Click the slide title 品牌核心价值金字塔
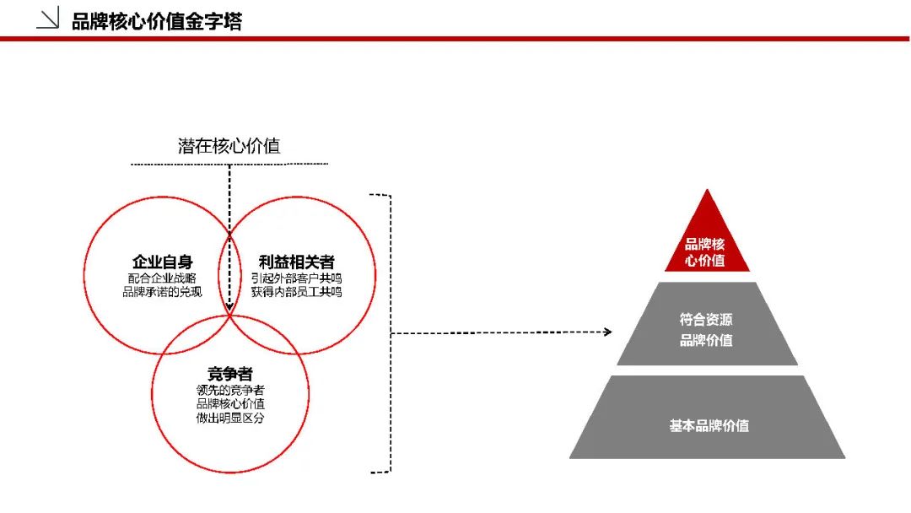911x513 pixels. (x=157, y=21)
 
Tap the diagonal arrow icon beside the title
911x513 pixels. (x=48, y=18)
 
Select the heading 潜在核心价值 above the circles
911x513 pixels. (x=229, y=146)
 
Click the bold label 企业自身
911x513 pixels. (x=162, y=262)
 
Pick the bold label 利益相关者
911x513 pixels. (x=296, y=262)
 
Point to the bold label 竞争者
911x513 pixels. (x=230, y=374)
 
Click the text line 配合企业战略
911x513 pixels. (x=162, y=278)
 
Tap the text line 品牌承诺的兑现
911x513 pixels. (x=162, y=292)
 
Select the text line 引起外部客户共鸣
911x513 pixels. (x=296, y=278)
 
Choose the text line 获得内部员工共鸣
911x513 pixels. (x=296, y=292)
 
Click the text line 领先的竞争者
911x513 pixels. (x=230, y=390)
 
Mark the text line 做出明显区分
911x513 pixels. (x=230, y=418)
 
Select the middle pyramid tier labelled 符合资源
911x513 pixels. (x=707, y=324)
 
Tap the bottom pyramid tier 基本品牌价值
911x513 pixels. (x=707, y=417)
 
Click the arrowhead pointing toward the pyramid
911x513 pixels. (x=607, y=332)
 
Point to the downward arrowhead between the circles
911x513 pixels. (x=229, y=306)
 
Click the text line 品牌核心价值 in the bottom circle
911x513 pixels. (x=230, y=404)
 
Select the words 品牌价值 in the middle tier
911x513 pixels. (x=706, y=340)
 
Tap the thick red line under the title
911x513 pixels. (x=455, y=39)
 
